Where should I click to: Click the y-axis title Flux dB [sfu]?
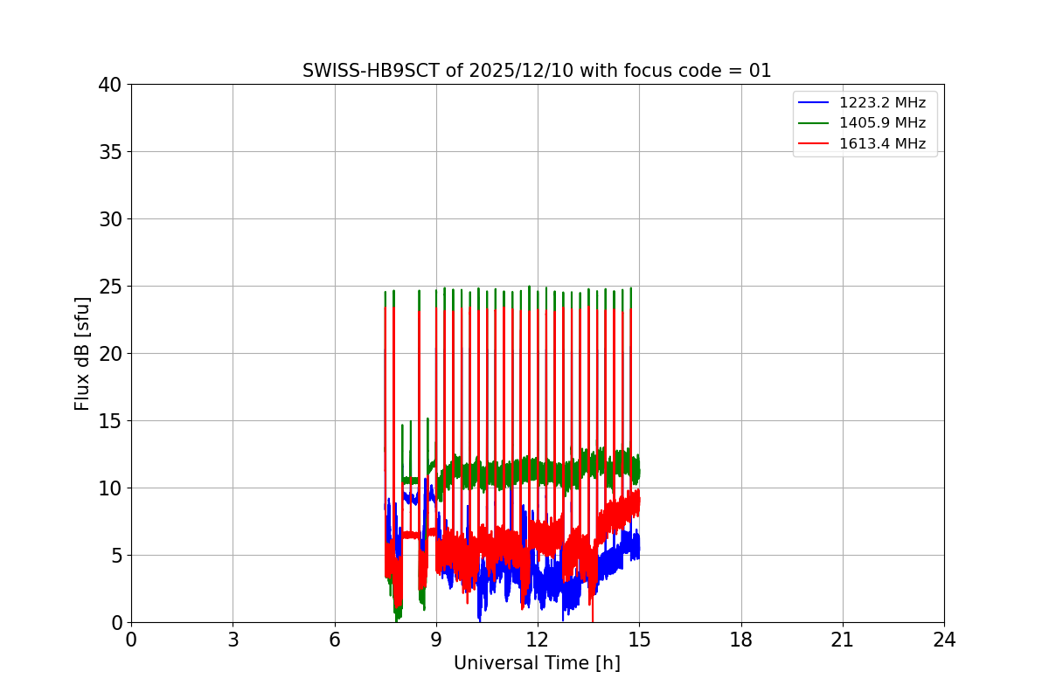[82, 353]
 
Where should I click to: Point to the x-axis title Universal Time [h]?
[537, 663]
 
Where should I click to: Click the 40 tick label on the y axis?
[109, 85]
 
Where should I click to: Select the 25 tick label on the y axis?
[109, 287]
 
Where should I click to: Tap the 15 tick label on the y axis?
[109, 421]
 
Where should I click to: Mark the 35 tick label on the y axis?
[109, 152]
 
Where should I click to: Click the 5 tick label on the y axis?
[115, 556]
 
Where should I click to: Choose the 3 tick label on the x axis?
[233, 640]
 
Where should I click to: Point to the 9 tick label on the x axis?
[436, 640]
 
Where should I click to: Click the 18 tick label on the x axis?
[741, 640]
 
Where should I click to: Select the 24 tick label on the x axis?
[944, 640]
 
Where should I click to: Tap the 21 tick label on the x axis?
[843, 640]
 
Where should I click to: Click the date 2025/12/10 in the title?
[507, 71]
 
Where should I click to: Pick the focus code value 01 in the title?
[761, 71]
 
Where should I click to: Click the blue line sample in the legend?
[814, 103]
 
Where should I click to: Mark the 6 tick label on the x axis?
[335, 640]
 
